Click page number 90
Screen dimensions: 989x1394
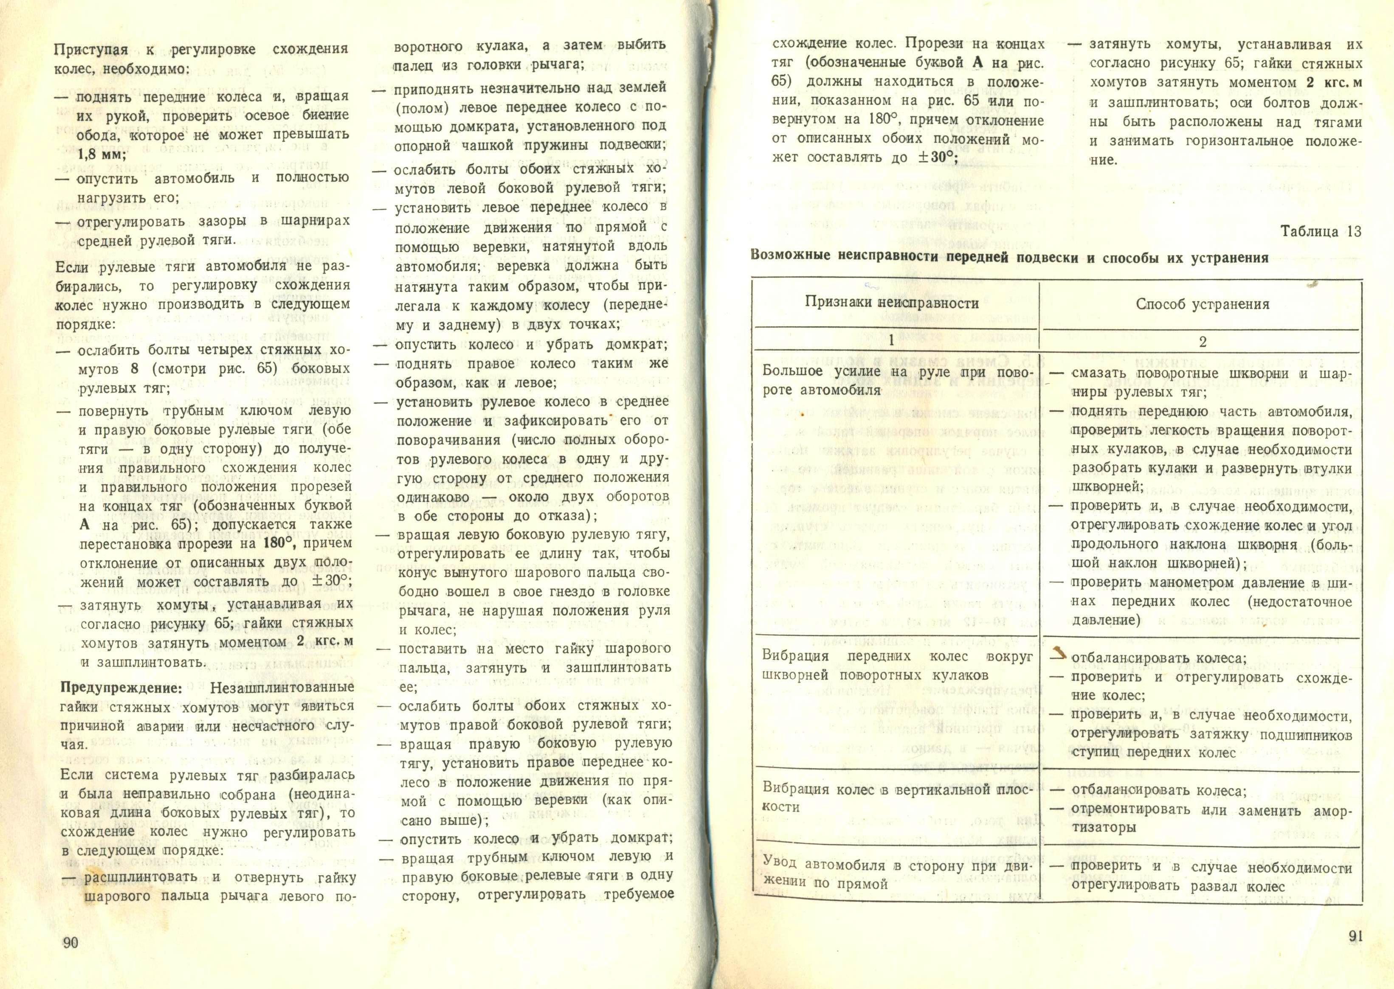coord(70,942)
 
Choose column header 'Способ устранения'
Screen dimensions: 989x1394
coord(1202,304)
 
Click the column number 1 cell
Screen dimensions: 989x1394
coord(891,341)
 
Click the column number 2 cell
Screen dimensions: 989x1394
coord(1202,342)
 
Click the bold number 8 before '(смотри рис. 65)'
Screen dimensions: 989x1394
coord(133,369)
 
